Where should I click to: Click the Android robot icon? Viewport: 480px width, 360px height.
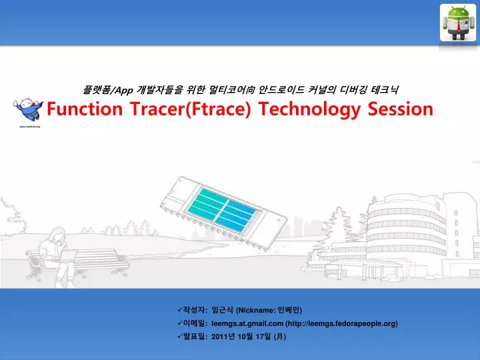(458, 22)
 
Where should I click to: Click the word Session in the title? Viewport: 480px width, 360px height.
(401, 109)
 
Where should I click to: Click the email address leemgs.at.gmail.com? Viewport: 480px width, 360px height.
(247, 323)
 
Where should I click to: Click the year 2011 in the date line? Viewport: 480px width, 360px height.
(220, 337)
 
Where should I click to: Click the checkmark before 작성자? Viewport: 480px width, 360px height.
(180, 310)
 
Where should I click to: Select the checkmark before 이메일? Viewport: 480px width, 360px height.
(180, 323)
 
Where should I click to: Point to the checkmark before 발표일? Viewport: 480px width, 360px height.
(180, 337)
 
